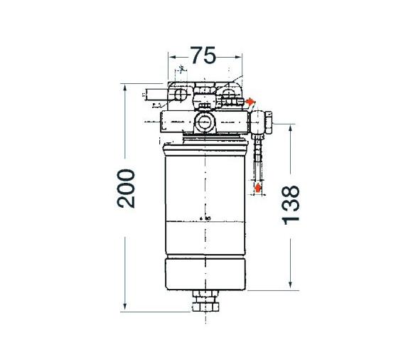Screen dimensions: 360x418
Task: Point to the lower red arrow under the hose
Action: point(257,188)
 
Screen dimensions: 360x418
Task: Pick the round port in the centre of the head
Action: point(204,123)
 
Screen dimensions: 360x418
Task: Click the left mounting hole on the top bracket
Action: point(181,94)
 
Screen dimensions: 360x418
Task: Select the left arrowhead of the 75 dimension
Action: point(171,56)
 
